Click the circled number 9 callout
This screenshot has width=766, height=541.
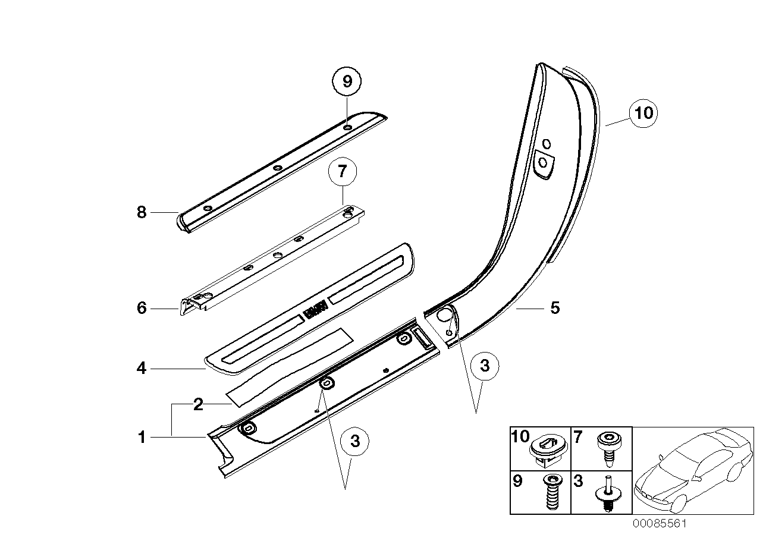[x=347, y=81]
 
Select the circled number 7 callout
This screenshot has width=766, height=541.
[x=341, y=172]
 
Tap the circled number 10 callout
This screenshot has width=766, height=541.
[x=644, y=112]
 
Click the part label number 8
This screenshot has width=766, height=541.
[x=142, y=212]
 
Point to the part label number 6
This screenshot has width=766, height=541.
[x=142, y=308]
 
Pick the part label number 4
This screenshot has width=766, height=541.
[x=142, y=369]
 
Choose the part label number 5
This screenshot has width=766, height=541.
[x=554, y=308]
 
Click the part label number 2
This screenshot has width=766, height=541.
[x=198, y=405]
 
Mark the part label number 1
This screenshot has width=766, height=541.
[x=142, y=438]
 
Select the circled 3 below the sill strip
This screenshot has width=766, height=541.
[x=355, y=441]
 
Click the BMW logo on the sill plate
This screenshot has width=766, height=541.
[x=315, y=310]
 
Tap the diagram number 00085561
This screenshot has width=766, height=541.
[x=660, y=524]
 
